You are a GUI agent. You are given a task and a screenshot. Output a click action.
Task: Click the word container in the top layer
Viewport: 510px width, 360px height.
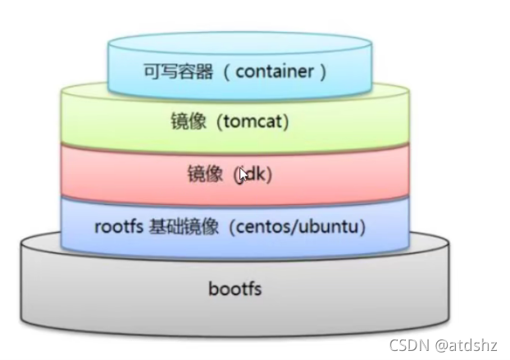[x=274, y=71]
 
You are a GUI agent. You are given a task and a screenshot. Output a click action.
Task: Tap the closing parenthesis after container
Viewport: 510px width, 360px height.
[x=323, y=71]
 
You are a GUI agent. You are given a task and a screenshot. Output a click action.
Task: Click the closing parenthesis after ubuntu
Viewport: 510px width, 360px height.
[x=361, y=226]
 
